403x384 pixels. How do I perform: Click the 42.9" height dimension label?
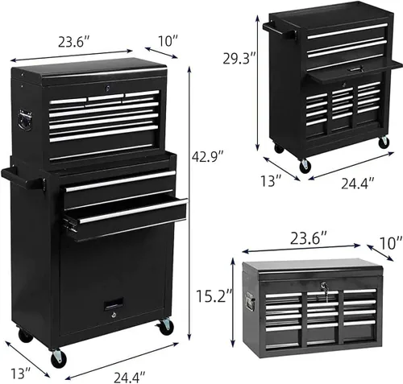pos(207,157)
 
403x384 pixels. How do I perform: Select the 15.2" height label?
pos(214,295)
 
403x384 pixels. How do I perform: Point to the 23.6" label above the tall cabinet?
pos(73,42)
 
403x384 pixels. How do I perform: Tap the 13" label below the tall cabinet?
pos(20,373)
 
